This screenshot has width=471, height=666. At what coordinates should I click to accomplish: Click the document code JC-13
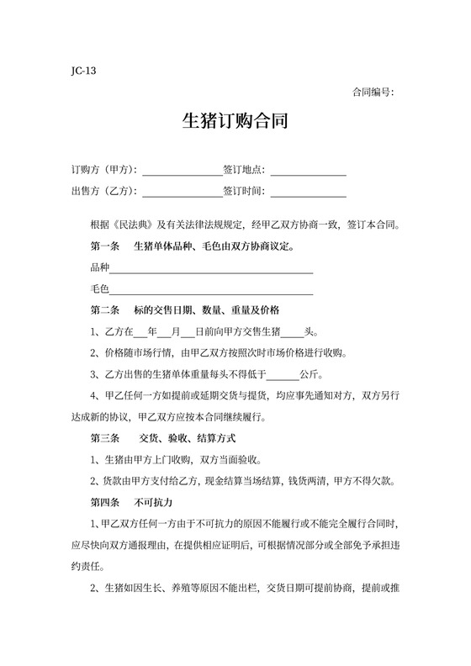point(84,71)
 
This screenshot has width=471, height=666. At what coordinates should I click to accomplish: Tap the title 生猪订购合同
point(235,122)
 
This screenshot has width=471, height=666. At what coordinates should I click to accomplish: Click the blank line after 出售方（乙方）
point(182,192)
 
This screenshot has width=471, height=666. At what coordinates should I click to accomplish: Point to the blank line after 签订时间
point(308,192)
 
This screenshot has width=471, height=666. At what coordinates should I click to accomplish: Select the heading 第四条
point(105,503)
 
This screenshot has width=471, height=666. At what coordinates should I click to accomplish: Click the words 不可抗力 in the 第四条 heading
point(152,503)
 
